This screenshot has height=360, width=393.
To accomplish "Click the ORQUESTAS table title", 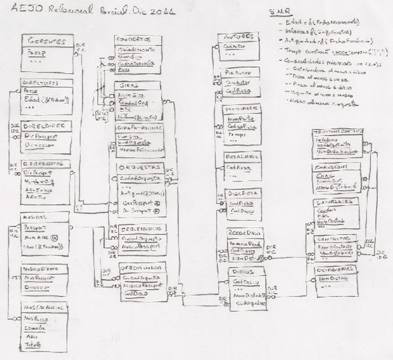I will [141, 167].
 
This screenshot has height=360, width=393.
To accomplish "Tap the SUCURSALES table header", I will [336, 202].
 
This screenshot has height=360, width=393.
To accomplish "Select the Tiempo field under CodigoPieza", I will [236, 135].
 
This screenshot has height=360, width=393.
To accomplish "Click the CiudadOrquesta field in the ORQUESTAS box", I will [140, 178].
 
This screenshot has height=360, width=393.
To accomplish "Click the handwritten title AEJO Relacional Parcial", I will [93, 9].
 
